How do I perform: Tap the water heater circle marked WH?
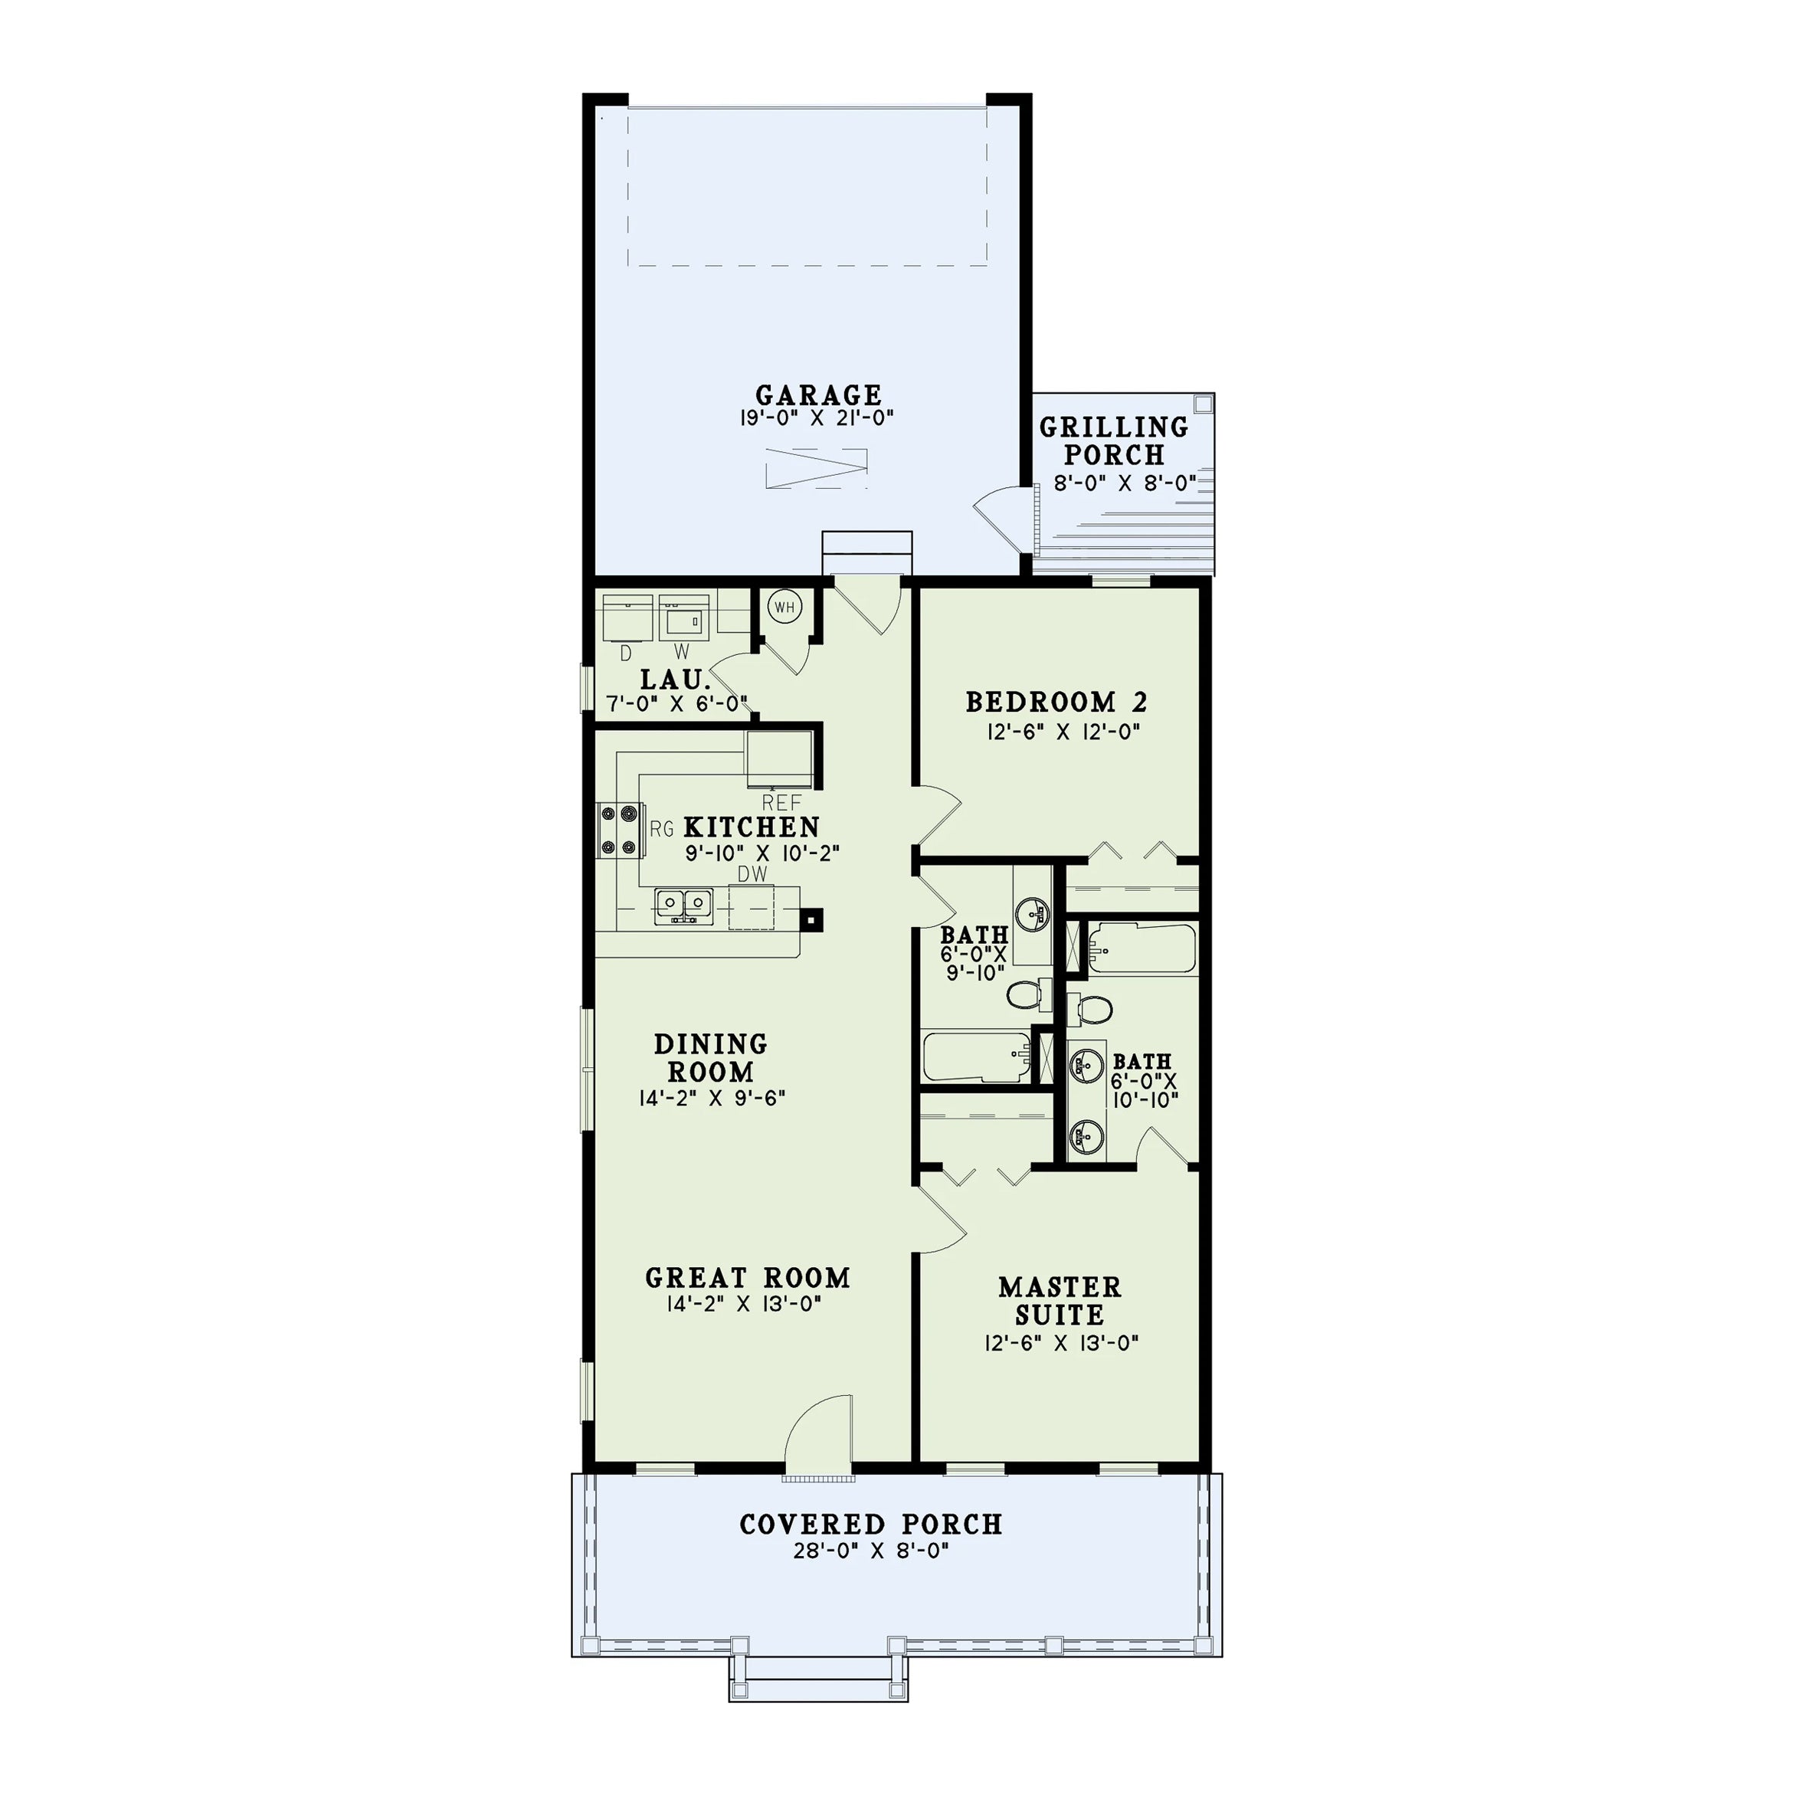785,608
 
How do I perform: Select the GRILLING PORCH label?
1114,441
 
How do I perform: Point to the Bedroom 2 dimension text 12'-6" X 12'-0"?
1063,731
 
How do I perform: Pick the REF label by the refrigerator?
781,803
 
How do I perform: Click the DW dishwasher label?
752,874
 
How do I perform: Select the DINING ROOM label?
711,1057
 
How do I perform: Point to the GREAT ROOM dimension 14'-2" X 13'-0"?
743,1305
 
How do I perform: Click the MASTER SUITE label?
1060,1301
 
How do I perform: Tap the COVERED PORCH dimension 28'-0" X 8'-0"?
872,1551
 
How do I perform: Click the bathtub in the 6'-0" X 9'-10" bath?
977,1056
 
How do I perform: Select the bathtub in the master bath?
1142,948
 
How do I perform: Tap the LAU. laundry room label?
676,680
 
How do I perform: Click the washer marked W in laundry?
684,617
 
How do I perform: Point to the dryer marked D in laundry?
628,617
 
